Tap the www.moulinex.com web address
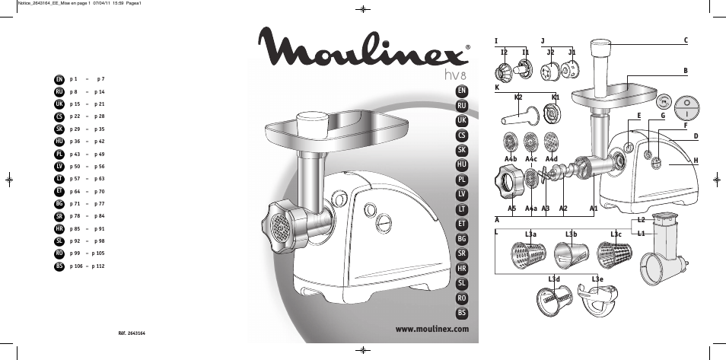click(x=432, y=330)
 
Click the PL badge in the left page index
click(x=59, y=155)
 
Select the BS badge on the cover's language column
click(x=462, y=313)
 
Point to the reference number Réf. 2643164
click(x=132, y=333)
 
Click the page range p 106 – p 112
click(x=87, y=266)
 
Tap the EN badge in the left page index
click(x=59, y=80)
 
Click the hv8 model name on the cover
click(x=452, y=75)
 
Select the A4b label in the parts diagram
click(x=510, y=159)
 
